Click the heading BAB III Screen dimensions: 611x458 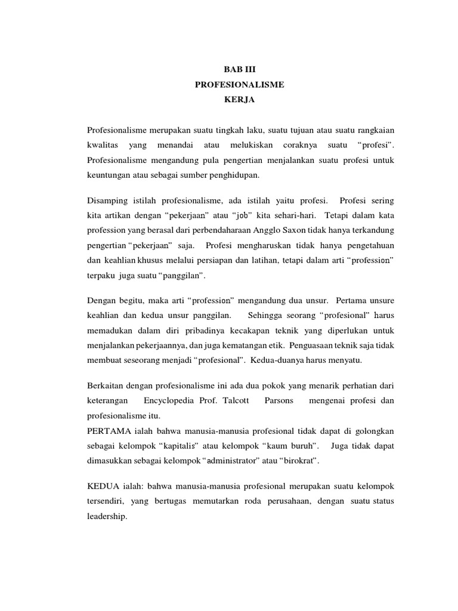click(x=239, y=70)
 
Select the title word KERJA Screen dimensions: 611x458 click(x=239, y=100)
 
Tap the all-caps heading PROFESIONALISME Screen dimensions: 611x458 click(x=239, y=85)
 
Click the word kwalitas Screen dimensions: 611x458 click(x=102, y=146)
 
